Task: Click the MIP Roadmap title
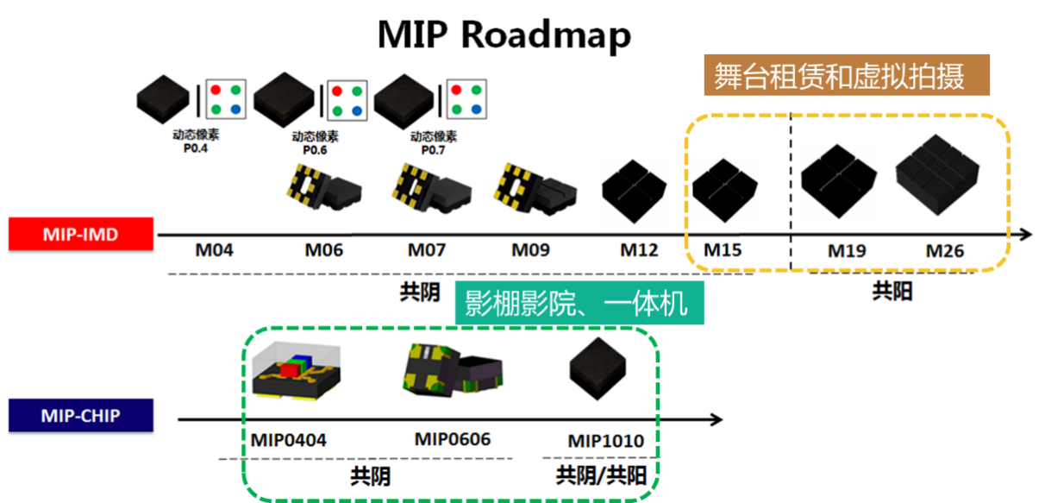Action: click(504, 35)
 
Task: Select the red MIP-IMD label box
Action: click(81, 234)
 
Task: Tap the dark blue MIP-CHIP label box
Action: click(81, 416)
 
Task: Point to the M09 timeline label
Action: click(531, 251)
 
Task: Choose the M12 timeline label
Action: click(639, 251)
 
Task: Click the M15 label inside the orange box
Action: click(723, 250)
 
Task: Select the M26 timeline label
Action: click(946, 252)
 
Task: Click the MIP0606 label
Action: click(453, 439)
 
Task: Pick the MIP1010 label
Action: click(605, 442)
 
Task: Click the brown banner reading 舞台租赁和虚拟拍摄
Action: click(847, 77)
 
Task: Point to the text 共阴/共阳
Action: click(601, 475)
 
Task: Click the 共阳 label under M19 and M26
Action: click(892, 292)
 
